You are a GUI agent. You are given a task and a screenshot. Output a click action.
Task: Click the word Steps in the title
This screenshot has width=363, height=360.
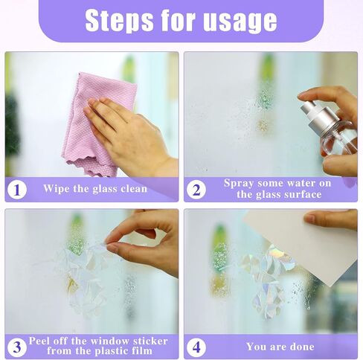pyautogui.click(x=119, y=20)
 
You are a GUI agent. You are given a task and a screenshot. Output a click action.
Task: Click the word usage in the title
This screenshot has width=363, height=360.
pyautogui.click(x=240, y=22)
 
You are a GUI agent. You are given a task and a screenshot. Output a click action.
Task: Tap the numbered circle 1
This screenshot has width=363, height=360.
pyautogui.click(x=17, y=190)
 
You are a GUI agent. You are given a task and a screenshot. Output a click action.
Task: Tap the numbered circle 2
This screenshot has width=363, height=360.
pyautogui.click(x=196, y=190)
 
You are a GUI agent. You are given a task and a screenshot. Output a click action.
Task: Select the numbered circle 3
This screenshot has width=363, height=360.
pyautogui.click(x=17, y=347)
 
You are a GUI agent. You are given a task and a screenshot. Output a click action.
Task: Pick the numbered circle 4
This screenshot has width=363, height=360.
pyautogui.click(x=196, y=347)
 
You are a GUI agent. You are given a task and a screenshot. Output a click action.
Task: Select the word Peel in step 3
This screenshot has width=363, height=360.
pyautogui.click(x=40, y=341)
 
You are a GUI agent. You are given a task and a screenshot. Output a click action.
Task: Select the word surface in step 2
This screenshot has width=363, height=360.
pyautogui.click(x=303, y=194)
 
